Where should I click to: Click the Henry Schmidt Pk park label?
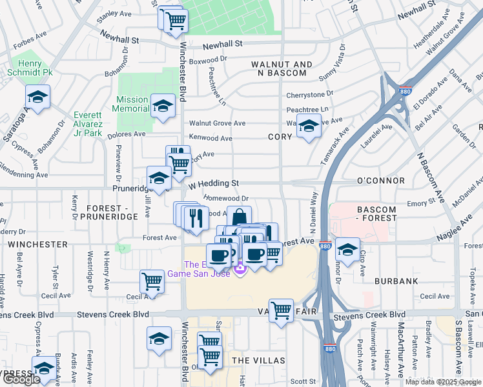click(x=30, y=68)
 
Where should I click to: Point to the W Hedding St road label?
click(x=214, y=183)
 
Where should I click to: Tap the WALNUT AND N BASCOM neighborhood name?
click(x=282, y=70)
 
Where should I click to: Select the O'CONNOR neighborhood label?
click(x=380, y=181)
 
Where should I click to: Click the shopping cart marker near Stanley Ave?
click(x=175, y=19)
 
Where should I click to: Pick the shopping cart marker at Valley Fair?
click(x=281, y=311)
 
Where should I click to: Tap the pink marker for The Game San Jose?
click(x=241, y=268)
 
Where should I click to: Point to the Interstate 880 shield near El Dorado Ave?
click(x=405, y=92)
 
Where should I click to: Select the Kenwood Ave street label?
click(x=211, y=138)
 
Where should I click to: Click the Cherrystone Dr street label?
click(x=308, y=95)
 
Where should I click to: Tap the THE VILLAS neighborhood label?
click(x=254, y=360)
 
